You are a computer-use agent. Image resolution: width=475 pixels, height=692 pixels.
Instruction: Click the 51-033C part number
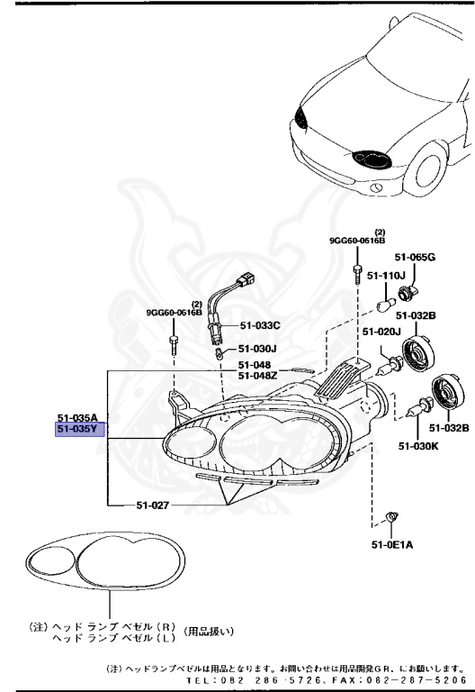(261, 324)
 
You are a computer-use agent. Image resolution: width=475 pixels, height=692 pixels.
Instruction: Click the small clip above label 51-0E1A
(391, 516)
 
